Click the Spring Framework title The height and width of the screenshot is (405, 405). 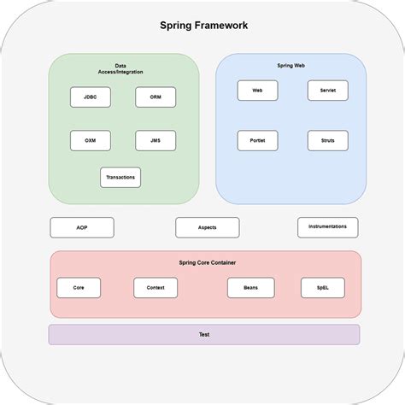click(x=204, y=25)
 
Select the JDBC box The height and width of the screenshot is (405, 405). click(x=90, y=97)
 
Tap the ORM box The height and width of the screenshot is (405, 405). click(x=156, y=97)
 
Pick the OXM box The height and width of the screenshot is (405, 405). click(x=90, y=141)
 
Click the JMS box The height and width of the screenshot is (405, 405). click(x=156, y=141)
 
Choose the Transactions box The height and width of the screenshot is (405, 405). click(x=120, y=178)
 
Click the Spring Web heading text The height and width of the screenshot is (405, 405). click(x=291, y=66)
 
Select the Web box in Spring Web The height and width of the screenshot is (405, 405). click(x=257, y=91)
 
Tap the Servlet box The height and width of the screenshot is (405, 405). click(x=327, y=91)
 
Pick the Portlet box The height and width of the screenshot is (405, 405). click(x=257, y=141)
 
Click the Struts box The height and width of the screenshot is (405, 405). click(x=327, y=141)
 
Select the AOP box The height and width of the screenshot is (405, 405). click(x=82, y=228)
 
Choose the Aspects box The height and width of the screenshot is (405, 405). click(x=207, y=228)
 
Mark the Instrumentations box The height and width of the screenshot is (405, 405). click(x=327, y=227)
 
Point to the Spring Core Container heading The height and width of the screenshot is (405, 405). click(x=207, y=262)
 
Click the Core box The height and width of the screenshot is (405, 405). click(x=79, y=288)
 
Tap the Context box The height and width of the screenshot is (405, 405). click(x=156, y=288)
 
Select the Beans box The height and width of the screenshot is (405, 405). click(x=250, y=288)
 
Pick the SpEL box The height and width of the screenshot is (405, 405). click(x=322, y=288)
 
